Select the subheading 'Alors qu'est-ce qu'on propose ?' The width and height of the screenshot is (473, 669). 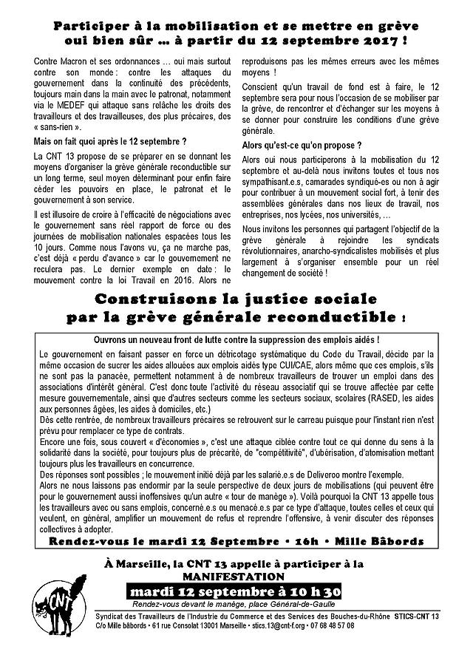(x=291, y=146)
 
